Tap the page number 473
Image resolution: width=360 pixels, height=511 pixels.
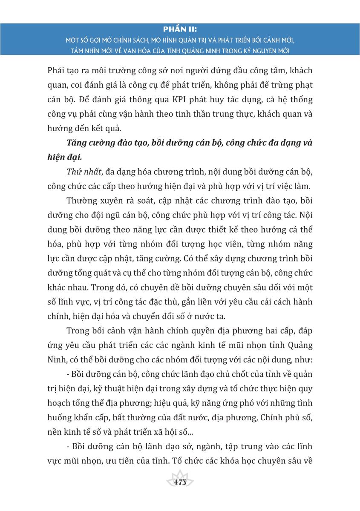click(x=181, y=482)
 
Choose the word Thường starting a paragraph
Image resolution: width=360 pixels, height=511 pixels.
click(x=83, y=200)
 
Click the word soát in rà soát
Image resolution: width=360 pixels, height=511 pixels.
click(x=138, y=200)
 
